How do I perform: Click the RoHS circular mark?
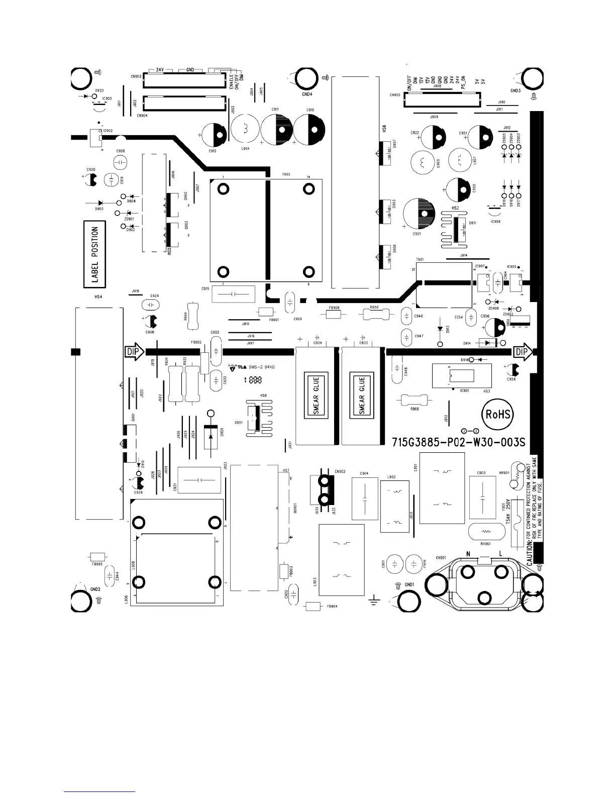pos(498,415)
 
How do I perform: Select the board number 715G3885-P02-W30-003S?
pos(458,442)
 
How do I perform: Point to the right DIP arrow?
pos(522,352)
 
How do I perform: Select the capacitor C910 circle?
pos(310,130)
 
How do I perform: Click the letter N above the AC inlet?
pos(468,554)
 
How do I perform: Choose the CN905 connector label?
pos(395,94)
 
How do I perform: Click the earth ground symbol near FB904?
pos(373,600)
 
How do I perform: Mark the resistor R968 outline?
pos(415,400)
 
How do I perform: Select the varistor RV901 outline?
pos(485,531)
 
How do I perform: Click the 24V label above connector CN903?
pos(160,69)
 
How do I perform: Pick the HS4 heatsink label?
pos(98,297)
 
